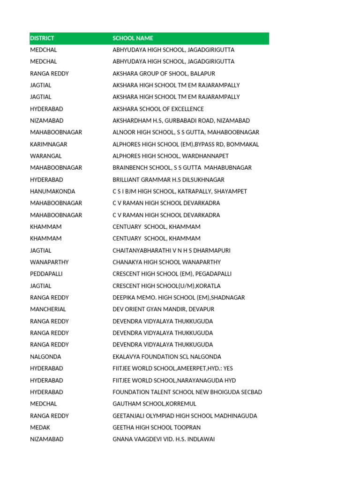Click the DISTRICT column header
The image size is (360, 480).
pyautogui.click(x=42, y=38)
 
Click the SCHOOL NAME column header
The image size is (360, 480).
pyautogui.click(x=133, y=38)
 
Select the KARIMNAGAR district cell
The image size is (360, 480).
pyautogui.click(x=49, y=144)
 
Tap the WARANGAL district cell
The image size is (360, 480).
pyautogui.click(x=46, y=156)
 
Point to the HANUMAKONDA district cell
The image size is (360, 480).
pyautogui.click(x=52, y=191)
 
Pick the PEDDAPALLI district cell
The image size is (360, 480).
pyautogui.click(x=46, y=274)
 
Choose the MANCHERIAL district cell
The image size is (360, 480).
pyautogui.click(x=48, y=309)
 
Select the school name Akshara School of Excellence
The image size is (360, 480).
pyautogui.click(x=158, y=109)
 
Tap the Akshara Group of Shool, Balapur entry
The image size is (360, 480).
pyautogui.click(x=164, y=74)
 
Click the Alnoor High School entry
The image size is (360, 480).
pyautogui.click(x=186, y=132)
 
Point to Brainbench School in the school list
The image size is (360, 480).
pyautogui.click(x=182, y=167)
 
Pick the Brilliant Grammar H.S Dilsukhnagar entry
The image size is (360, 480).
pyautogui.click(x=168, y=180)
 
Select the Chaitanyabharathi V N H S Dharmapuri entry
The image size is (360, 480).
pyautogui.click(x=172, y=250)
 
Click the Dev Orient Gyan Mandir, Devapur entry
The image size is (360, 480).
pyautogui.click(x=163, y=309)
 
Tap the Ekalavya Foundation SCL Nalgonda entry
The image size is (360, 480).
pyautogui.click(x=167, y=357)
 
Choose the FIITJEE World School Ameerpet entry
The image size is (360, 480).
pyautogui.click(x=176, y=368)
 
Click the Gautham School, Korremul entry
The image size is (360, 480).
pyautogui.click(x=154, y=404)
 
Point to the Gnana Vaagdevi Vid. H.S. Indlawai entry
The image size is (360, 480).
pyautogui.click(x=164, y=439)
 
